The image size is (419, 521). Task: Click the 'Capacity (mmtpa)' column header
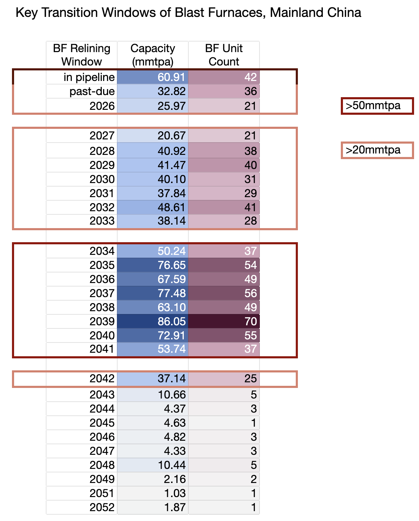click(x=152, y=55)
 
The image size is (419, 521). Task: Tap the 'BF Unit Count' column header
click(x=224, y=55)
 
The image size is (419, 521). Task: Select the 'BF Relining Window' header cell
click(x=82, y=55)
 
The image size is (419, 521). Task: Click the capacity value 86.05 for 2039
click(x=171, y=321)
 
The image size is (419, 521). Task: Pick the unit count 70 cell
click(x=250, y=321)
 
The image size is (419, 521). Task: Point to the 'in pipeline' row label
click(x=89, y=77)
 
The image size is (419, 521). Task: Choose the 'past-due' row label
click(x=92, y=92)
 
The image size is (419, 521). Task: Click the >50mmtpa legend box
click(x=377, y=106)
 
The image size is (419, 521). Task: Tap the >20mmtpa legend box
click(x=377, y=150)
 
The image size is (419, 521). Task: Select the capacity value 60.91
click(x=171, y=77)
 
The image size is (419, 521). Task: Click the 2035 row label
click(x=102, y=265)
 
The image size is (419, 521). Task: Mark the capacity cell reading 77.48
click(x=171, y=293)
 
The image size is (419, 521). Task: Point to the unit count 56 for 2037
click(x=250, y=293)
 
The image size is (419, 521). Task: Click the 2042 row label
click(x=102, y=378)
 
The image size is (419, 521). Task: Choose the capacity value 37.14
click(x=171, y=378)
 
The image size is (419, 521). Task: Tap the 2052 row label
click(x=102, y=507)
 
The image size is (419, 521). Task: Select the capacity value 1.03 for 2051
click(x=175, y=493)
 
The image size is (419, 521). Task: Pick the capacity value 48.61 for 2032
click(x=171, y=207)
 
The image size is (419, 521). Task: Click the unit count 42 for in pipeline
click(x=250, y=77)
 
